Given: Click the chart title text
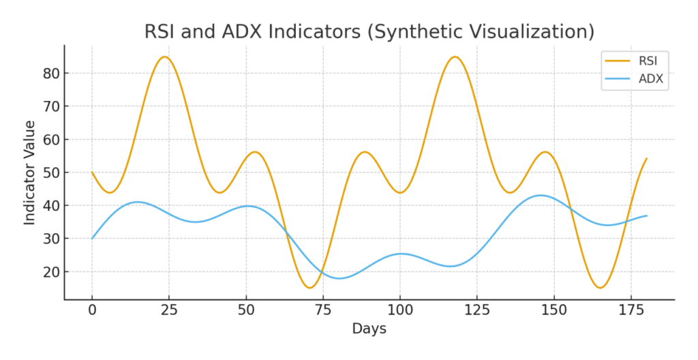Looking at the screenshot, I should click(x=369, y=32).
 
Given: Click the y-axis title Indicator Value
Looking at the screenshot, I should click(x=30, y=172).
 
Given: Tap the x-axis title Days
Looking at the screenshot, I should click(x=369, y=329).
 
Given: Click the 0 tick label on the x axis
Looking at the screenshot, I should click(x=92, y=310).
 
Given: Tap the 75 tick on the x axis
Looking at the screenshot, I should click(x=322, y=310).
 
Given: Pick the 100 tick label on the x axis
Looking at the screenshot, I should click(x=399, y=310).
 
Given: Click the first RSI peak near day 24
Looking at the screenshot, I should click(x=164, y=57).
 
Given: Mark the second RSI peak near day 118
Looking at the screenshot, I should click(x=455, y=57).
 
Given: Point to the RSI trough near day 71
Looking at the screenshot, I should click(x=310, y=288).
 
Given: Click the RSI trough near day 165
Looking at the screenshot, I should click(x=600, y=288).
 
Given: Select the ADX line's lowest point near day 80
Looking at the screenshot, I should click(x=339, y=278).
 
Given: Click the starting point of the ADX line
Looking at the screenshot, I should click(x=92, y=239).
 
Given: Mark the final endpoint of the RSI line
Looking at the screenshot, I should click(x=646, y=158).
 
